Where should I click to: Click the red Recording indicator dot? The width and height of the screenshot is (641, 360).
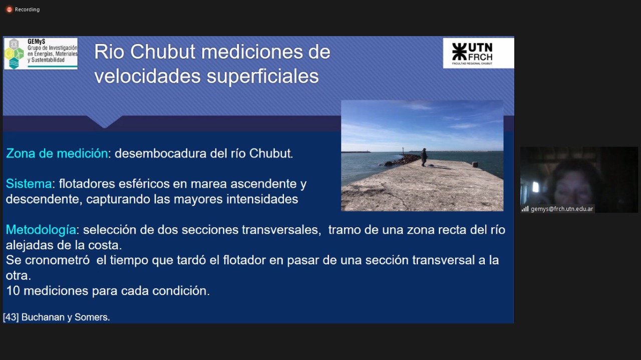(9, 10)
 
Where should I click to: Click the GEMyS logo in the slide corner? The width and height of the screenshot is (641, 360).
(41, 54)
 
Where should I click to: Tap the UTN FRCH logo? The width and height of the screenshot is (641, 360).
(478, 53)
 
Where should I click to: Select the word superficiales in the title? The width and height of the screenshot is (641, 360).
(262, 77)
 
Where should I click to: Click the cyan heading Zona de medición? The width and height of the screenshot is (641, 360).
(57, 153)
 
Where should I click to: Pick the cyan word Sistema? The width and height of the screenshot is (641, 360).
(29, 184)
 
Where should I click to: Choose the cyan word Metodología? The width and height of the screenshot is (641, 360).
(41, 230)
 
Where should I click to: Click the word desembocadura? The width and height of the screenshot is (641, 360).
(161, 153)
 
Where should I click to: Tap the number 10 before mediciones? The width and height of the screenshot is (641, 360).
(13, 291)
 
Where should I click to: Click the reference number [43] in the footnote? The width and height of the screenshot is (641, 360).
(11, 317)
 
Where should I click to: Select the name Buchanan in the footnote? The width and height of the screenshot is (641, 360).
(43, 317)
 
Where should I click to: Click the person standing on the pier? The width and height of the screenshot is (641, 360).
(424, 157)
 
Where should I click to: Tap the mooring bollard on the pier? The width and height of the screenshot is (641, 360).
(475, 164)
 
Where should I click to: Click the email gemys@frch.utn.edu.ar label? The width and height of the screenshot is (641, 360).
(562, 209)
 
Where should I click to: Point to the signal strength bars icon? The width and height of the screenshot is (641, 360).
(525, 209)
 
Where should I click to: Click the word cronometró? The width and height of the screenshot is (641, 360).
(57, 260)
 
